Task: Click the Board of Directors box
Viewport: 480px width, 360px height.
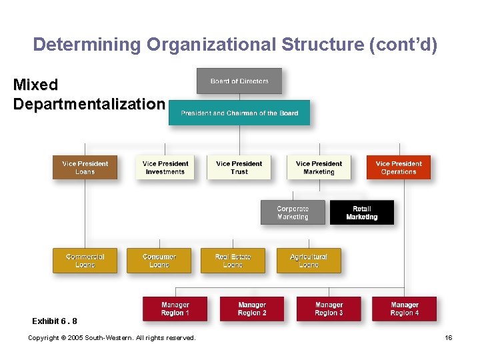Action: click(239, 81)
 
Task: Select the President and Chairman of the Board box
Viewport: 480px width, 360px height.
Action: click(239, 113)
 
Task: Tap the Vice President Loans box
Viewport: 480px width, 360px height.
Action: click(85, 167)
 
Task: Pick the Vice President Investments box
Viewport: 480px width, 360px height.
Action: click(165, 167)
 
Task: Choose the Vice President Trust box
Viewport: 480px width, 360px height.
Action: click(239, 167)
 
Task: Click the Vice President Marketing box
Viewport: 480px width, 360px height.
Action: click(319, 167)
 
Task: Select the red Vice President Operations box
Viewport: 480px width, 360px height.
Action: click(399, 167)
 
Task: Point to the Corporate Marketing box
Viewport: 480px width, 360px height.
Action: click(293, 213)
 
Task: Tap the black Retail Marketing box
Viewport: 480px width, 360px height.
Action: click(362, 213)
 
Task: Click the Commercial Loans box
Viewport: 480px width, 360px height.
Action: click(85, 261)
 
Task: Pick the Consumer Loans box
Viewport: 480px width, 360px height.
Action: click(159, 261)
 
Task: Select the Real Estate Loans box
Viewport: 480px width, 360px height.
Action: click(233, 261)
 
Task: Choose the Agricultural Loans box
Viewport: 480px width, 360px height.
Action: click(309, 261)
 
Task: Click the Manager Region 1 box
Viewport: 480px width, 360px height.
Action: click(175, 309)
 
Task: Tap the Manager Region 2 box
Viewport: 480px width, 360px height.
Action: click(252, 309)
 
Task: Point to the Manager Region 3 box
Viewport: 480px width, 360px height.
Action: click(329, 309)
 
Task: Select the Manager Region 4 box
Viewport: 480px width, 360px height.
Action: click(405, 309)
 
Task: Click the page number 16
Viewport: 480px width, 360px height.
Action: click(449, 338)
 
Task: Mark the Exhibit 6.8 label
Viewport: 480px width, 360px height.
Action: click(55, 321)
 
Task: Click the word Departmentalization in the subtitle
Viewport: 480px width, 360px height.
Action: click(89, 105)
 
